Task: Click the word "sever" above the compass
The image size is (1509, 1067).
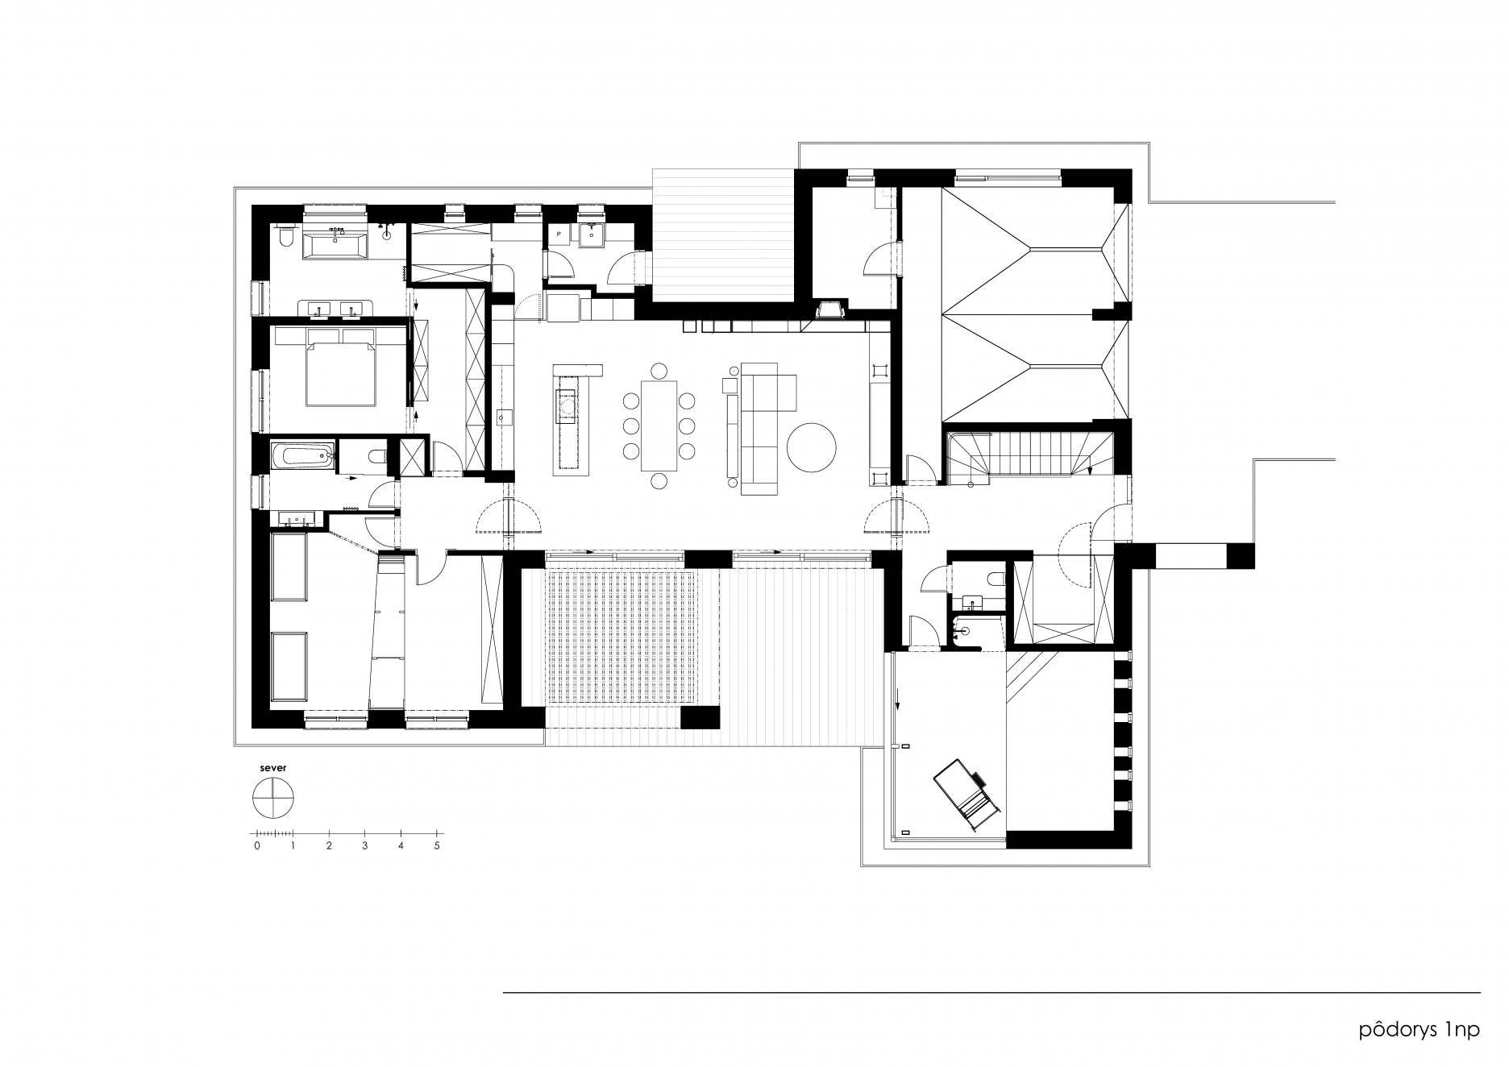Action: pyautogui.click(x=272, y=768)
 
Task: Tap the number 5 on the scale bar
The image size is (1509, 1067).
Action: pyautogui.click(x=437, y=845)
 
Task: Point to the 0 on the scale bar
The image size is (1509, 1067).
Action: pyautogui.click(x=257, y=845)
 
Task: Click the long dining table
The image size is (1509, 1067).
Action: pyautogui.click(x=659, y=426)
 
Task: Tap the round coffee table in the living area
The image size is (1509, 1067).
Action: pyautogui.click(x=812, y=448)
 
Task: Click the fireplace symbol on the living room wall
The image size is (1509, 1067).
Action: pyautogui.click(x=829, y=308)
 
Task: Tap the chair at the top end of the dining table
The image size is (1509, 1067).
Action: pyautogui.click(x=659, y=371)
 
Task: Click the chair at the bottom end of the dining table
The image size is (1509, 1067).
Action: pyautogui.click(x=659, y=481)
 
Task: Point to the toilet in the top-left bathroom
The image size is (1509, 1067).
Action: pyautogui.click(x=284, y=238)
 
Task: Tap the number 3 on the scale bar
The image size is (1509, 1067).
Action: pyautogui.click(x=365, y=845)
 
